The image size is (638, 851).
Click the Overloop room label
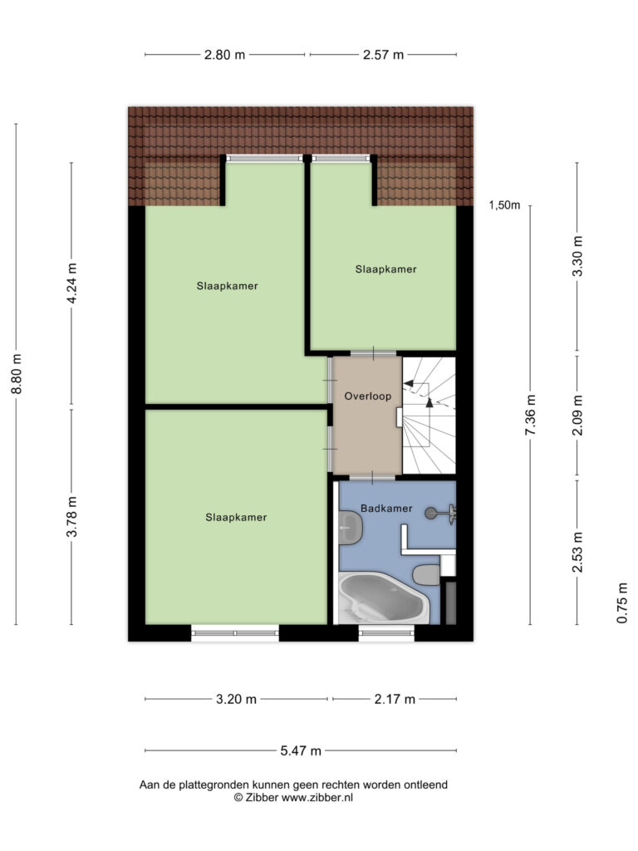coord(367,396)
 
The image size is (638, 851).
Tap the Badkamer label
coord(386,509)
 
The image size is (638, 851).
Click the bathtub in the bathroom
coord(383,598)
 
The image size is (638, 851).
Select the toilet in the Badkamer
coord(426,575)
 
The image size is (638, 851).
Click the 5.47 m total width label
coord(301,750)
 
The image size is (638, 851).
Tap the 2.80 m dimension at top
coord(224,55)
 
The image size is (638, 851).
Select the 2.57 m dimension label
coord(383,55)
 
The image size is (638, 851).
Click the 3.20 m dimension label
coord(236,699)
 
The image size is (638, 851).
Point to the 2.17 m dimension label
coord(395,699)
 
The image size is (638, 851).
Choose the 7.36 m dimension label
coord(530,415)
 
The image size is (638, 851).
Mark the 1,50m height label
coord(504,205)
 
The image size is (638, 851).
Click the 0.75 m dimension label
coord(622,603)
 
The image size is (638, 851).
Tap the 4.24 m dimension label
coord(71,283)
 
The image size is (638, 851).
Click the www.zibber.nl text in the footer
coord(317,797)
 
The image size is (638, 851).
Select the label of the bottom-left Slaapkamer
coord(236,518)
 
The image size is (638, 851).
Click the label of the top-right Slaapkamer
coord(385,269)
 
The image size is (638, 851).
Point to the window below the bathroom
coord(386,632)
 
